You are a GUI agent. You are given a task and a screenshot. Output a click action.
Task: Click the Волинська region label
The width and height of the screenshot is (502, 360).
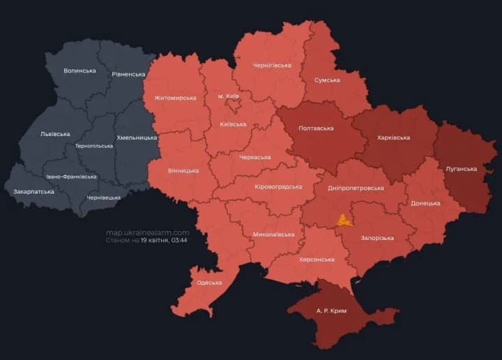point(79,71)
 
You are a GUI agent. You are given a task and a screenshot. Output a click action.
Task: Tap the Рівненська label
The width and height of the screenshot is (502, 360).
point(128,74)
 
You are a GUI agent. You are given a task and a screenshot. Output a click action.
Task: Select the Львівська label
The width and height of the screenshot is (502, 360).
point(55,133)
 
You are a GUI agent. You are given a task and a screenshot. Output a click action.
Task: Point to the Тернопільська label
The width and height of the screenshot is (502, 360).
point(94,146)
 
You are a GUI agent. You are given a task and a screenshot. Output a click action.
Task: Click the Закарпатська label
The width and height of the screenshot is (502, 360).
point(34,190)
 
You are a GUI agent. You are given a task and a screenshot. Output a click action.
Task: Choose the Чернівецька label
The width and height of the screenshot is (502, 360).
point(103,197)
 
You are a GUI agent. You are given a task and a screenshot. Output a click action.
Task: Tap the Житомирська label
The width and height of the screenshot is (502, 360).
point(175,98)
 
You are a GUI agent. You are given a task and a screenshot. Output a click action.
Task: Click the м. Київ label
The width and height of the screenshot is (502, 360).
point(228,96)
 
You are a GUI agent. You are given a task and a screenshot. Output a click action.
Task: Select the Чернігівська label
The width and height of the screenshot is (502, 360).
point(271,66)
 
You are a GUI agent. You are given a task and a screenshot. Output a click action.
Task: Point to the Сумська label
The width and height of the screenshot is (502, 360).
point(327,80)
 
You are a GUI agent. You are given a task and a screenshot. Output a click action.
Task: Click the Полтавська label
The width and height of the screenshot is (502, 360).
point(316,128)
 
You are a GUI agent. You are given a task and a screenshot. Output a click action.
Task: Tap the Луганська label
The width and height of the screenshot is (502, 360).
point(461,169)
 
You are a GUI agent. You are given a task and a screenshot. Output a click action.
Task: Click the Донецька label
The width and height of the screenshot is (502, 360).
point(425,203)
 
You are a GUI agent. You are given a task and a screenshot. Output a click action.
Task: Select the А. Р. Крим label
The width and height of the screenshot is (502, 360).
point(331,310)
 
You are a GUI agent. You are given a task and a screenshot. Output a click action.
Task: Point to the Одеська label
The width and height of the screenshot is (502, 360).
point(210,283)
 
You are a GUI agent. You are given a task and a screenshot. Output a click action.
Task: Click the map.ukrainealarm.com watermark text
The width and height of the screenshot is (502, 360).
point(148,232)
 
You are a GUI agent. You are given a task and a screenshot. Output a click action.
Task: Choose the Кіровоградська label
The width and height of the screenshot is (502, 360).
point(278,187)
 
